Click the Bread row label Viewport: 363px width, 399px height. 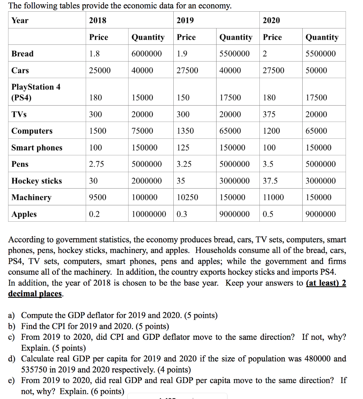click(23, 54)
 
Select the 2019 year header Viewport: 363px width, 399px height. click(185, 20)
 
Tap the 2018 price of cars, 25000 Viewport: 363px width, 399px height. click(100, 71)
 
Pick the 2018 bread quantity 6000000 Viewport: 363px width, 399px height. click(146, 54)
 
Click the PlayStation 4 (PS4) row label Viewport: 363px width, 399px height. click(36, 92)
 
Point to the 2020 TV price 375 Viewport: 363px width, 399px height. click(269, 115)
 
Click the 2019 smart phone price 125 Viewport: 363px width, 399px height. click(183, 148)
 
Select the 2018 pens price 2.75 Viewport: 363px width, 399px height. click(97, 164)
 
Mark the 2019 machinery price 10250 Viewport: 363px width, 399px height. click(187, 198)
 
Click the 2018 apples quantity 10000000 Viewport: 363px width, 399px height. click(149, 214)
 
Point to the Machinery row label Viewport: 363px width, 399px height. click(31, 198)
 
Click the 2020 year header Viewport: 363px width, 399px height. click(271, 20)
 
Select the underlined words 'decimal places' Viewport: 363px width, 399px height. click(35, 293)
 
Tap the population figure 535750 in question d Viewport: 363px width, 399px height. click(35, 369)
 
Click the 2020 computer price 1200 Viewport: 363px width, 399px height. click(271, 131)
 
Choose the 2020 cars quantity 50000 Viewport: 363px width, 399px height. click(316, 71)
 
